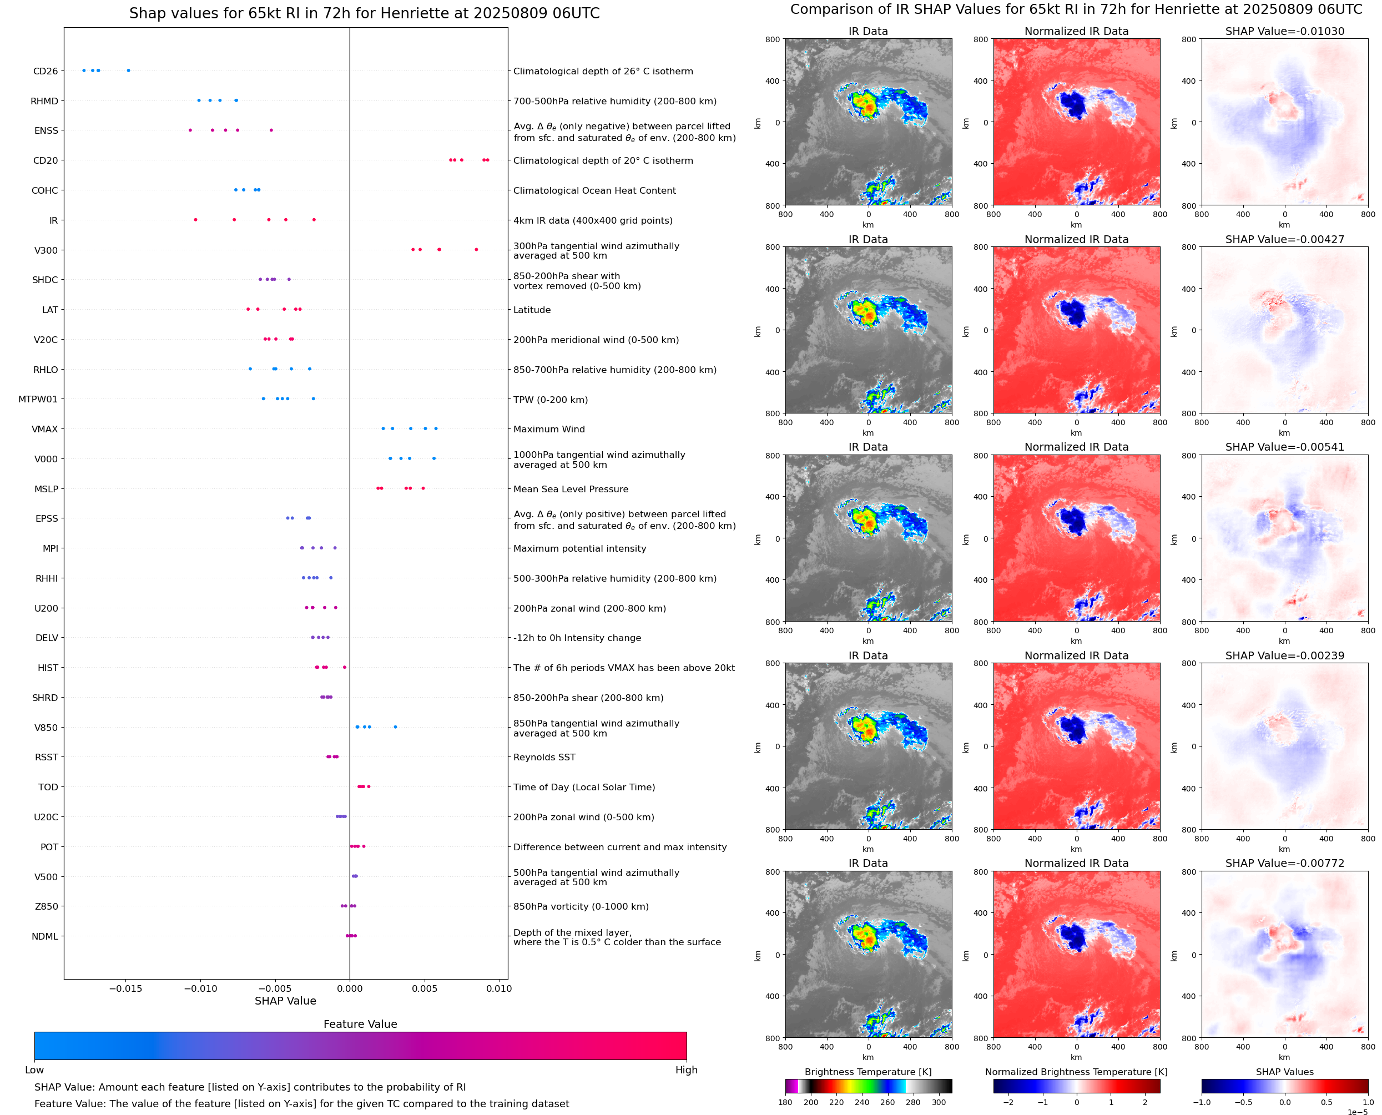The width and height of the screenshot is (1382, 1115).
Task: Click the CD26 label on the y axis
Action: (x=45, y=71)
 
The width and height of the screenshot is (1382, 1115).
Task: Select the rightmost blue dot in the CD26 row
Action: (x=128, y=70)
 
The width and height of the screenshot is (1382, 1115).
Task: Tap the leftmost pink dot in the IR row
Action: (x=196, y=220)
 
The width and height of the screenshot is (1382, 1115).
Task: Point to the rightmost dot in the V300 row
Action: (x=476, y=249)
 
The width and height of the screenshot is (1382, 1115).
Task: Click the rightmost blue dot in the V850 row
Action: (x=395, y=727)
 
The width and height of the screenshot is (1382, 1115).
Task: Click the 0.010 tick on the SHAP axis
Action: (x=499, y=988)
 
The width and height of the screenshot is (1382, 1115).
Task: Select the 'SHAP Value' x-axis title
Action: (x=285, y=1001)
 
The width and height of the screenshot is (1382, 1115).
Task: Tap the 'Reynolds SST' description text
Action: (x=544, y=757)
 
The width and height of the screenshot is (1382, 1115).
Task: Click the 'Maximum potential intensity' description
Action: (x=579, y=548)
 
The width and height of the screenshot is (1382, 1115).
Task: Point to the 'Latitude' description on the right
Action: (x=532, y=310)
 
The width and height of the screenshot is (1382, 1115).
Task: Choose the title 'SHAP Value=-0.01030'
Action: (x=1284, y=31)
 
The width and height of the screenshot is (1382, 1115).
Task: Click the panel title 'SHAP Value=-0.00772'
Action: (x=1284, y=863)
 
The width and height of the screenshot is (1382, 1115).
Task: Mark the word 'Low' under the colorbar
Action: (x=34, y=1070)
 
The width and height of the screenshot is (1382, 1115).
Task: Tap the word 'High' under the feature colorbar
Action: (x=686, y=1070)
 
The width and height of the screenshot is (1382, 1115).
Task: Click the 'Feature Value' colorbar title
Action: (x=360, y=1025)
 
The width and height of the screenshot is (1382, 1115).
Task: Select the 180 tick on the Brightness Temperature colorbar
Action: (x=785, y=1102)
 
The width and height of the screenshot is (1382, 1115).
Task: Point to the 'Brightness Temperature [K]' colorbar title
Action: (x=867, y=1072)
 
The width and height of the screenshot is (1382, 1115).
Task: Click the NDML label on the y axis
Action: (x=45, y=936)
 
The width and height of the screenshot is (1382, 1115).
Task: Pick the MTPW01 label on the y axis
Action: (x=38, y=400)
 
